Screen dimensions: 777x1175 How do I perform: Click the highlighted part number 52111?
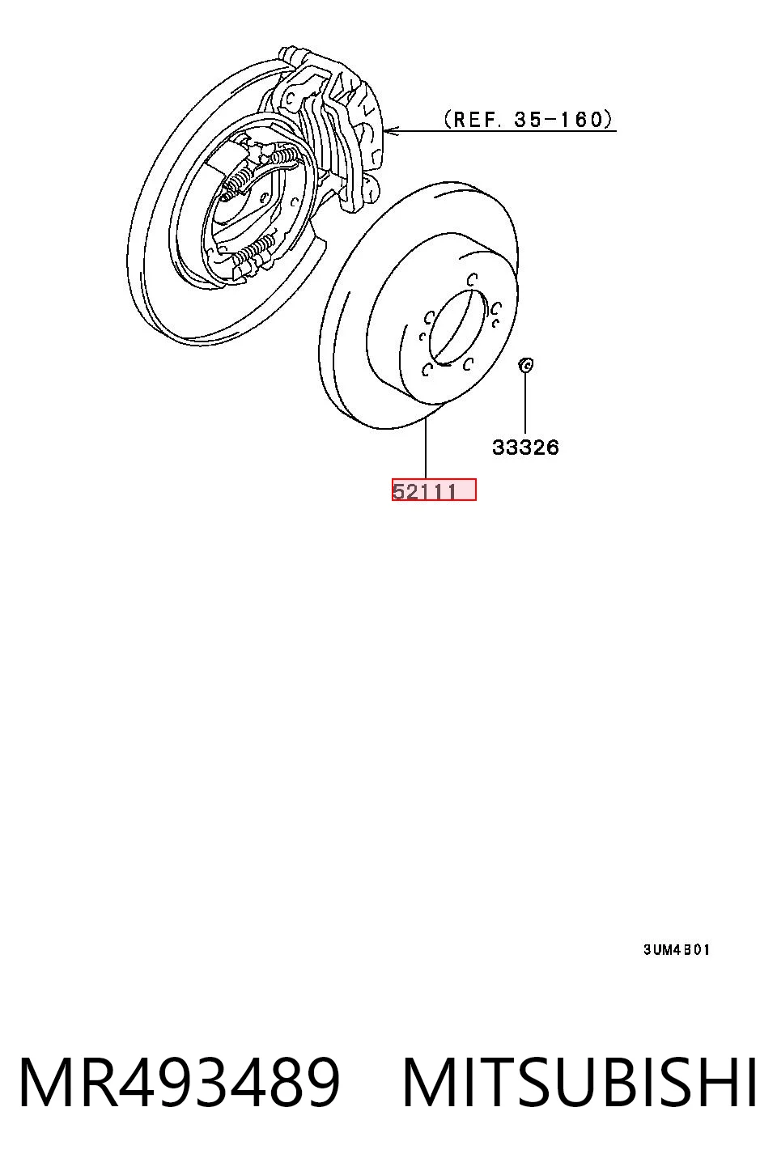tap(424, 491)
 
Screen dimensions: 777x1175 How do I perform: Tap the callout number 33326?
tap(526, 448)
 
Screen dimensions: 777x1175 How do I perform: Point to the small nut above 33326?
tap(526, 363)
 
